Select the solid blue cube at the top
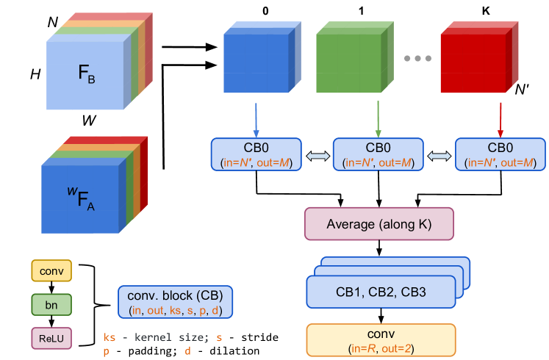coord(255,64)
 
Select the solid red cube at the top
coord(473,64)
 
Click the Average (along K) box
coord(379,224)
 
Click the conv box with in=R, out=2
coord(381,339)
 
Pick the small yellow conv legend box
coord(51,271)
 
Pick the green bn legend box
coord(51,304)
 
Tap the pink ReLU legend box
coord(51,338)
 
